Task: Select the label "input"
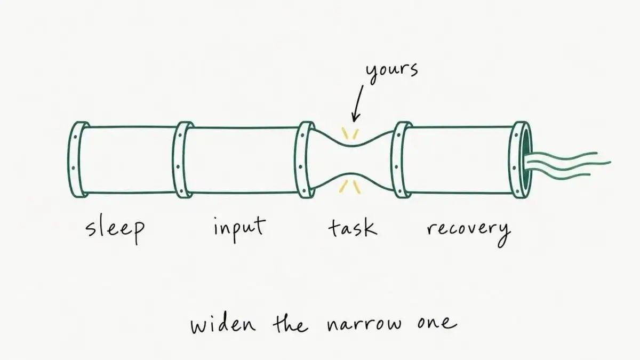[239, 228]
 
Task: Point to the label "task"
[353, 227]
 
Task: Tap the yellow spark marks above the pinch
[350, 134]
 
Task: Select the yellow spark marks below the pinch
[350, 187]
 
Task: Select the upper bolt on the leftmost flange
[75, 137]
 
